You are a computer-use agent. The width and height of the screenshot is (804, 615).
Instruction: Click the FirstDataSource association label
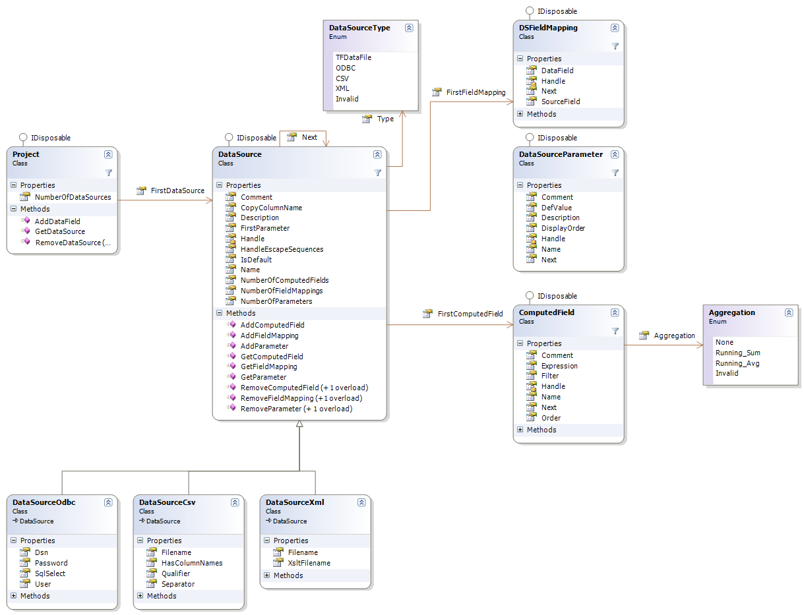[177, 191]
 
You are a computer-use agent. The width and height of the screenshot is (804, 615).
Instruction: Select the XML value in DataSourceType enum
[342, 88]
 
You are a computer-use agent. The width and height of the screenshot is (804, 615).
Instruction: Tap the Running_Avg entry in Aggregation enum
[737, 363]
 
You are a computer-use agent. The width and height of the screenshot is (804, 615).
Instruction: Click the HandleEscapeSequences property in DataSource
[282, 249]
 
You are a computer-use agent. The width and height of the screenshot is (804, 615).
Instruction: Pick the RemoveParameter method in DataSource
[296, 409]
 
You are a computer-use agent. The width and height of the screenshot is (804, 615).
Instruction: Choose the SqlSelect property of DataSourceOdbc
[50, 573]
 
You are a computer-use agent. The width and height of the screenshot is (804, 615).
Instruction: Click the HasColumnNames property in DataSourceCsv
[192, 563]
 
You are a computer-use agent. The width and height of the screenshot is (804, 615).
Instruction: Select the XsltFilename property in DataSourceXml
[309, 563]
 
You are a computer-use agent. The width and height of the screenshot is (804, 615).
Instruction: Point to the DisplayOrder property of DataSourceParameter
[563, 228]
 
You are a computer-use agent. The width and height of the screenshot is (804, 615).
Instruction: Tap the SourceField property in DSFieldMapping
[561, 102]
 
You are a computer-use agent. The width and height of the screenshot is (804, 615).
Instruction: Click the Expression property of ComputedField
[559, 366]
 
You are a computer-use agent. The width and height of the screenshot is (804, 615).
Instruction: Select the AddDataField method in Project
[57, 221]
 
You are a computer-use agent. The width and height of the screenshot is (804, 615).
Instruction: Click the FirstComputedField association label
[470, 314]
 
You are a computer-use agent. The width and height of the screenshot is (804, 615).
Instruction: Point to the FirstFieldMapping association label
[476, 92]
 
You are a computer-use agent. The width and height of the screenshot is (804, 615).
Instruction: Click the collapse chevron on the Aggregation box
[788, 313]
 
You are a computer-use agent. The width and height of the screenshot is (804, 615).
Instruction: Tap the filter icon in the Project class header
[108, 173]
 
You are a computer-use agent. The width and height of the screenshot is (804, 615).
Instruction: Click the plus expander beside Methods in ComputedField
[520, 430]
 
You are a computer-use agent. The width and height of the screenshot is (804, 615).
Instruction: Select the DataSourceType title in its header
[359, 28]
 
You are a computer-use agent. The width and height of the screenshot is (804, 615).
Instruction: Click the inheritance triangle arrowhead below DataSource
[299, 424]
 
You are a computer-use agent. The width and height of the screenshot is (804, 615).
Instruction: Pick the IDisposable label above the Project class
[51, 138]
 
